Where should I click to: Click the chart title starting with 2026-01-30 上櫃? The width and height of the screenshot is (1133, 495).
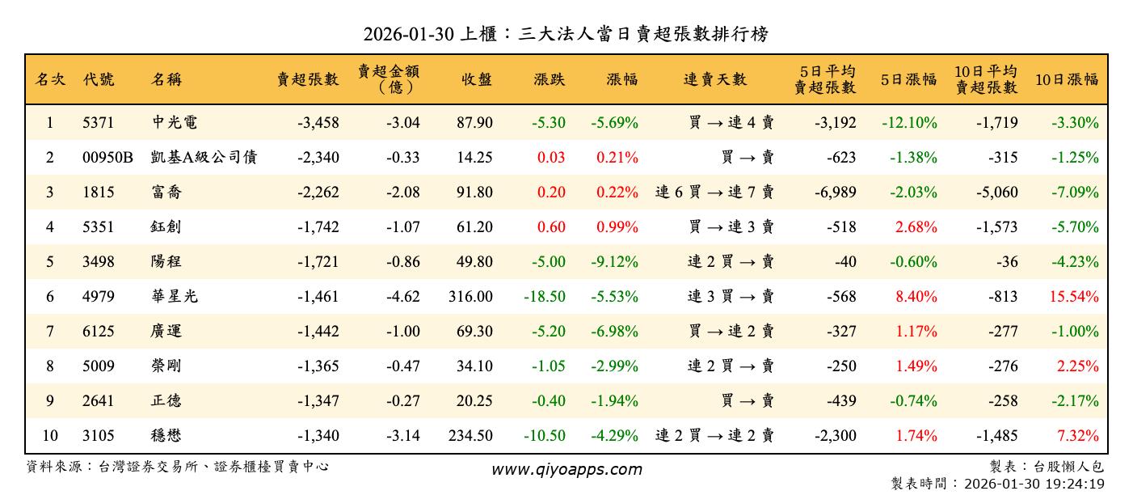(566, 34)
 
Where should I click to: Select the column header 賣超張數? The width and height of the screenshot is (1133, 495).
(308, 79)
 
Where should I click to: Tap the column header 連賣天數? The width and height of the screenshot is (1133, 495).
(715, 79)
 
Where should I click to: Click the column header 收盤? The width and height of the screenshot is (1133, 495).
(477, 79)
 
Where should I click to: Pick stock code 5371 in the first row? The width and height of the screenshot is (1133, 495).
(99, 123)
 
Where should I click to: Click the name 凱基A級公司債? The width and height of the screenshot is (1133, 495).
(204, 158)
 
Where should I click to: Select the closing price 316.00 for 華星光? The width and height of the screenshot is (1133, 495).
(470, 297)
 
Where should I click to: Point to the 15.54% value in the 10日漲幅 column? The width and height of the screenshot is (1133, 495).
(1074, 297)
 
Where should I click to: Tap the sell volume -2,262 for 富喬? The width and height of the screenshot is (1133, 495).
(318, 192)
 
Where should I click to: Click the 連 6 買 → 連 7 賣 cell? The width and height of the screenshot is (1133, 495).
(714, 192)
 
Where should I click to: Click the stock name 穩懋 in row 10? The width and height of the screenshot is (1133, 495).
(166, 436)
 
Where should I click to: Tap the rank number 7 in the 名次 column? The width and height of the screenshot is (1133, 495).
(49, 332)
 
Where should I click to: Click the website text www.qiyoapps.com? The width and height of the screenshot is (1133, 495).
(566, 469)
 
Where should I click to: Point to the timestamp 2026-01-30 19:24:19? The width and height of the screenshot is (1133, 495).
(1034, 483)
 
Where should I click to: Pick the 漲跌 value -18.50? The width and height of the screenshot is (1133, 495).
(545, 297)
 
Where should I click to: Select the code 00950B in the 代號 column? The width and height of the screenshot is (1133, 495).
(107, 158)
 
